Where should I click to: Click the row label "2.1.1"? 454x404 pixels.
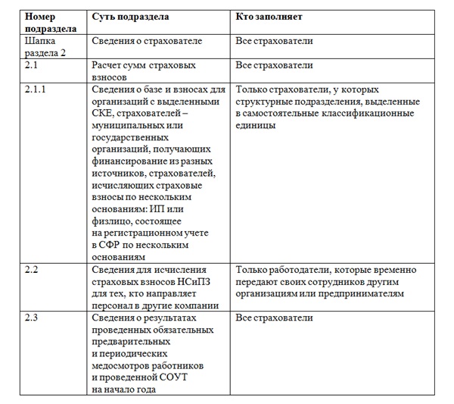pyautogui.click(x=37, y=89)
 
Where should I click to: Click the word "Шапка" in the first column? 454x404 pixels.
pyautogui.click(x=40, y=42)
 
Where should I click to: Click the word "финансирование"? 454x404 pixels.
pyautogui.click(x=132, y=162)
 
